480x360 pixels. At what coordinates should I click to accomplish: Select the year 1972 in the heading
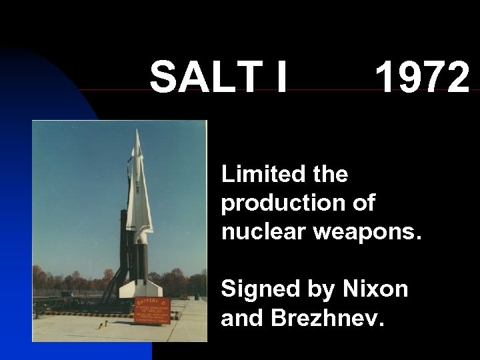(422, 77)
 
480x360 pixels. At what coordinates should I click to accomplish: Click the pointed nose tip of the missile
(137, 131)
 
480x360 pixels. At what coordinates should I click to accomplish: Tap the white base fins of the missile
(139, 287)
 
